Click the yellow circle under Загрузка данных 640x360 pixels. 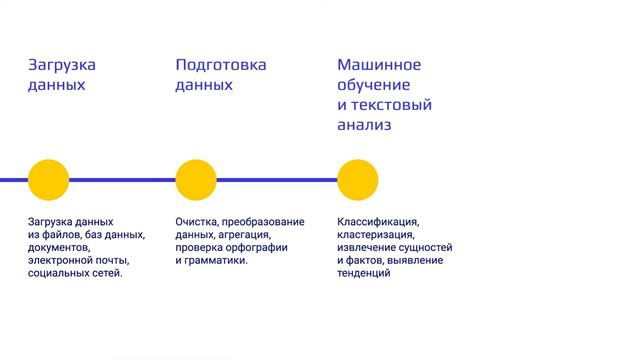(48, 180)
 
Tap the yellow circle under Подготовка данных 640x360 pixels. (196, 180)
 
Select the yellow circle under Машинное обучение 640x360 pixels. (358, 180)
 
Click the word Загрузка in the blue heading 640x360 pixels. (62, 65)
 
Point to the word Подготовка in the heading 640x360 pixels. (221, 65)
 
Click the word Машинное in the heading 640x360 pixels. (379, 65)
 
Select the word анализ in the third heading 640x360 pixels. (364, 125)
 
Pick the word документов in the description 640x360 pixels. (59, 247)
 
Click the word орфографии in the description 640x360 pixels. (254, 247)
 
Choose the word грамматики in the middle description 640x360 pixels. (216, 260)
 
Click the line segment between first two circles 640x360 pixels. (122, 180)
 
